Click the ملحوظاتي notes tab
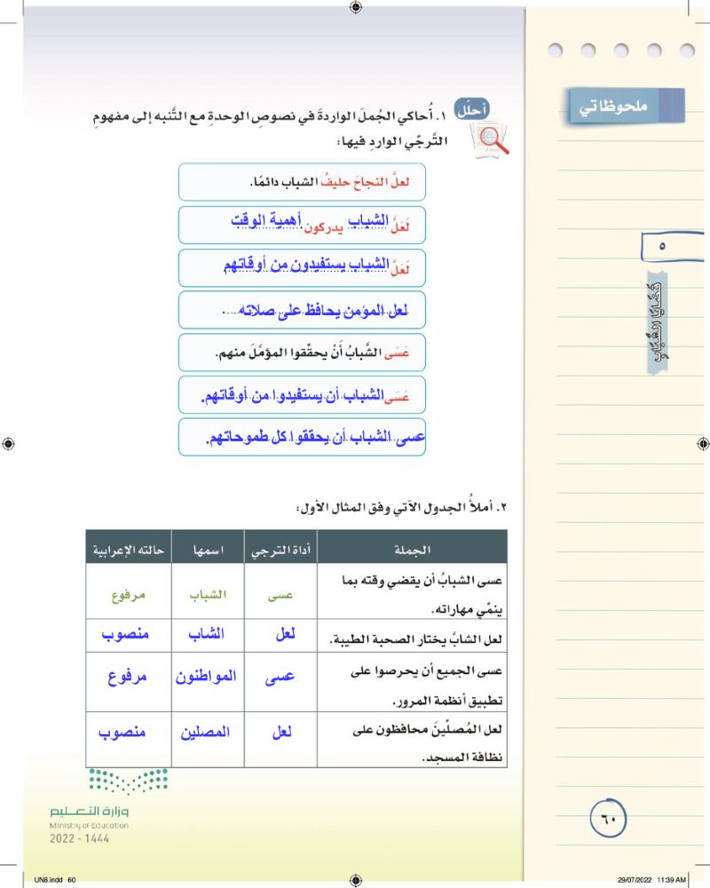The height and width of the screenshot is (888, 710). point(627,106)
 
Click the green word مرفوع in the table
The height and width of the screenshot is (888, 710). point(128,595)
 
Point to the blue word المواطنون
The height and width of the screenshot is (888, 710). point(206,678)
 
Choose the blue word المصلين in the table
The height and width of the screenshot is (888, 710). point(207,733)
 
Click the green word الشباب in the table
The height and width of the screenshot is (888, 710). point(207,595)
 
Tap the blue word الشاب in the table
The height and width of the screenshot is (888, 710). point(208,635)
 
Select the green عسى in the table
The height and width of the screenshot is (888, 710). point(280,595)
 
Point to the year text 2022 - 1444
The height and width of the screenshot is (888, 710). point(80,838)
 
